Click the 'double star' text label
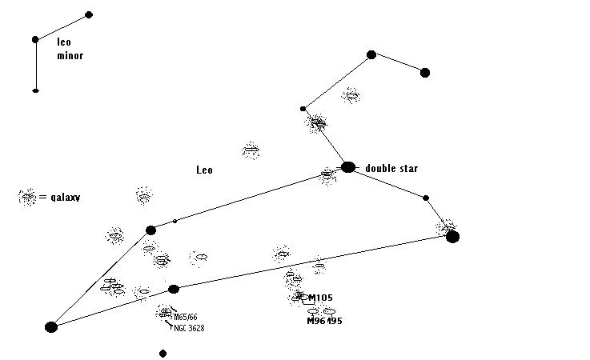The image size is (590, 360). point(391,168)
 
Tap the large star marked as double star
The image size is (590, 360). point(348,167)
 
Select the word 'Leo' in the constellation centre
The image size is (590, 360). point(205,170)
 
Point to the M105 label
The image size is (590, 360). point(320,298)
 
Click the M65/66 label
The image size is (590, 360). point(186,317)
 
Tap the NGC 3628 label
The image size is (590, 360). point(189,328)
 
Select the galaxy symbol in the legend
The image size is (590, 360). point(28,196)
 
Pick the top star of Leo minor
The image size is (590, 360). point(89,14)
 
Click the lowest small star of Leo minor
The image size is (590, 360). point(35,90)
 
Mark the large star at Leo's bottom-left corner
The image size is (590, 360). point(51,326)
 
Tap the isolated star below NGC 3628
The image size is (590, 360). point(163,353)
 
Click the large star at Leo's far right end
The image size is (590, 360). point(453,236)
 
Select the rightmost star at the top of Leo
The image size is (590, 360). point(425,73)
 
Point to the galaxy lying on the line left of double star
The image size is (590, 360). point(327,174)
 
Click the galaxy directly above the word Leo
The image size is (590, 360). point(251,150)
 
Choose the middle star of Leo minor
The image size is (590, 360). point(35,39)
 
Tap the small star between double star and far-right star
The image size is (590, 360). point(426,198)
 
